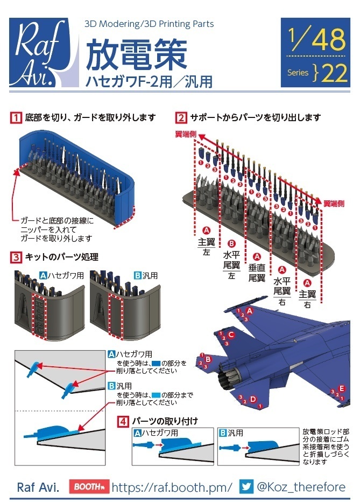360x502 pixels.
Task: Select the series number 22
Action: tap(334, 74)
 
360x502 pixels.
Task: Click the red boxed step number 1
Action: tap(17, 117)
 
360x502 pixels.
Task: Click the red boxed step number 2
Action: tap(182, 117)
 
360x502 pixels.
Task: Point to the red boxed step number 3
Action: tap(17, 257)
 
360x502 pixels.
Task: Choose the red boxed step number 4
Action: tap(123, 420)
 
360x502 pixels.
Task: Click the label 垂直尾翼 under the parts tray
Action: tap(257, 273)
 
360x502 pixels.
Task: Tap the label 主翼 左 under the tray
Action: tap(206, 246)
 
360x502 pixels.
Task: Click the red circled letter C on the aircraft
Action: tap(231, 335)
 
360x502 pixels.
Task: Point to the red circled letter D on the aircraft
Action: tap(252, 399)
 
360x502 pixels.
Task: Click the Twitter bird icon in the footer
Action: tap(246, 486)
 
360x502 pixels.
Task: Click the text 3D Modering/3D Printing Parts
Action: tap(149, 24)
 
